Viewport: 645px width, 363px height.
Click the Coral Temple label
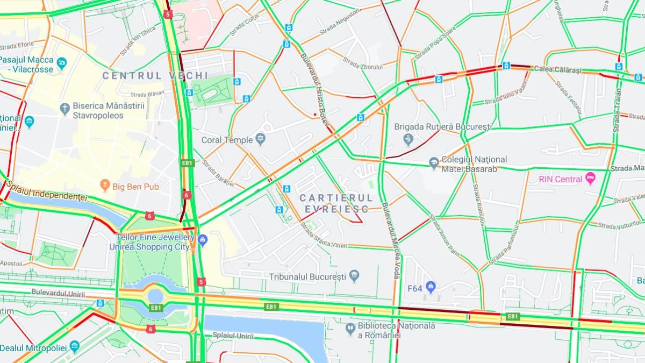[227, 140]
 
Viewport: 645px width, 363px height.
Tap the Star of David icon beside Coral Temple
[261, 140]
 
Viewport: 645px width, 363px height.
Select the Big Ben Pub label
[136, 187]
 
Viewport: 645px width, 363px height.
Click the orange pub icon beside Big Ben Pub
[105, 187]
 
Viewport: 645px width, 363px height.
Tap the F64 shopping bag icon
[430, 287]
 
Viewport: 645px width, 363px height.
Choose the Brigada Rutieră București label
[443, 127]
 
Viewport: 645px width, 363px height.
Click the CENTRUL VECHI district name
[140, 76]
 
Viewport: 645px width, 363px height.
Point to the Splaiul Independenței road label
[48, 194]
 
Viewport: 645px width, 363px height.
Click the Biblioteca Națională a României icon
[350, 327]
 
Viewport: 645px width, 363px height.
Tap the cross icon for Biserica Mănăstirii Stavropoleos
[64, 108]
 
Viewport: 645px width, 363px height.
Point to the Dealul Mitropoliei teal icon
[75, 345]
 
